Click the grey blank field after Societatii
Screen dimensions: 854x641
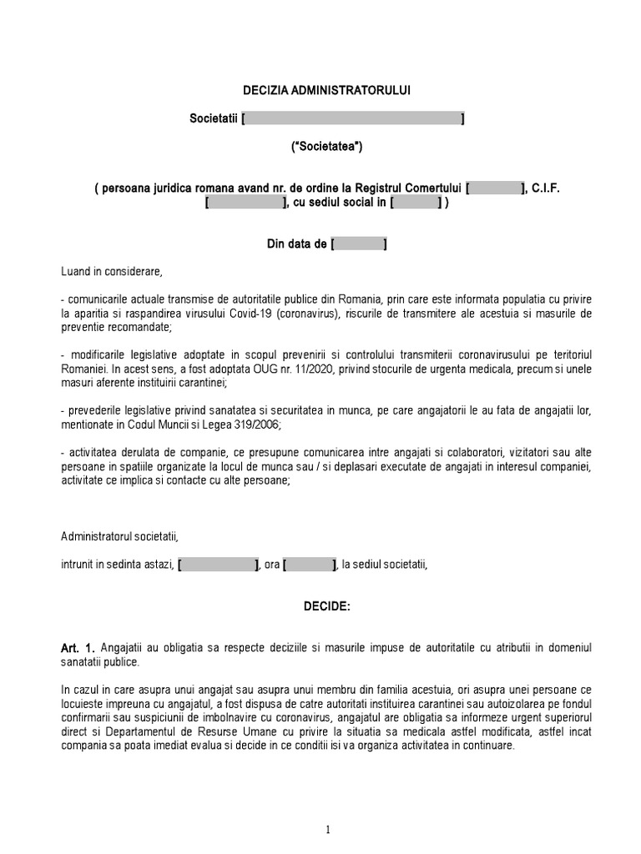click(x=353, y=119)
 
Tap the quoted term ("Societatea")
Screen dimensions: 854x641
click(x=326, y=148)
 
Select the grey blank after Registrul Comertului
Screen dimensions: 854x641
click(x=496, y=188)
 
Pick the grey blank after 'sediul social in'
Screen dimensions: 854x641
click(x=415, y=203)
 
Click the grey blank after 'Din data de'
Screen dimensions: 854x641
click(x=359, y=244)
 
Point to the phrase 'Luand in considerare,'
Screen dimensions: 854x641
click(x=111, y=272)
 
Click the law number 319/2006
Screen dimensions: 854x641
click(x=257, y=424)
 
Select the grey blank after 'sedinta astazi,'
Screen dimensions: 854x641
click(x=219, y=565)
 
